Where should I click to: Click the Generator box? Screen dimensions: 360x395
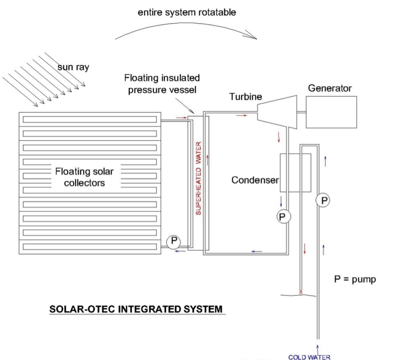click(332, 113)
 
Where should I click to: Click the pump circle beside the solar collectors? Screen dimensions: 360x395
click(174, 242)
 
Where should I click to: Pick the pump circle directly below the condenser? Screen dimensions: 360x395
click(283, 216)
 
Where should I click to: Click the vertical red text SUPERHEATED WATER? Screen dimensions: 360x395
click(200, 178)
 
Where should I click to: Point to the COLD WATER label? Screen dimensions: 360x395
click(309, 357)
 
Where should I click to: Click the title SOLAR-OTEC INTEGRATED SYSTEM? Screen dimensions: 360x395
click(136, 308)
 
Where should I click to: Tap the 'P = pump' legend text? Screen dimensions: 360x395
click(355, 279)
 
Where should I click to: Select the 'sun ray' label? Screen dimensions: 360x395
click(73, 67)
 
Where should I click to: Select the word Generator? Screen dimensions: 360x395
click(330, 88)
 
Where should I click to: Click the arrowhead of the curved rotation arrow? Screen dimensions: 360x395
click(254, 38)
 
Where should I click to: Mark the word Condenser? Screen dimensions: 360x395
click(255, 181)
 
